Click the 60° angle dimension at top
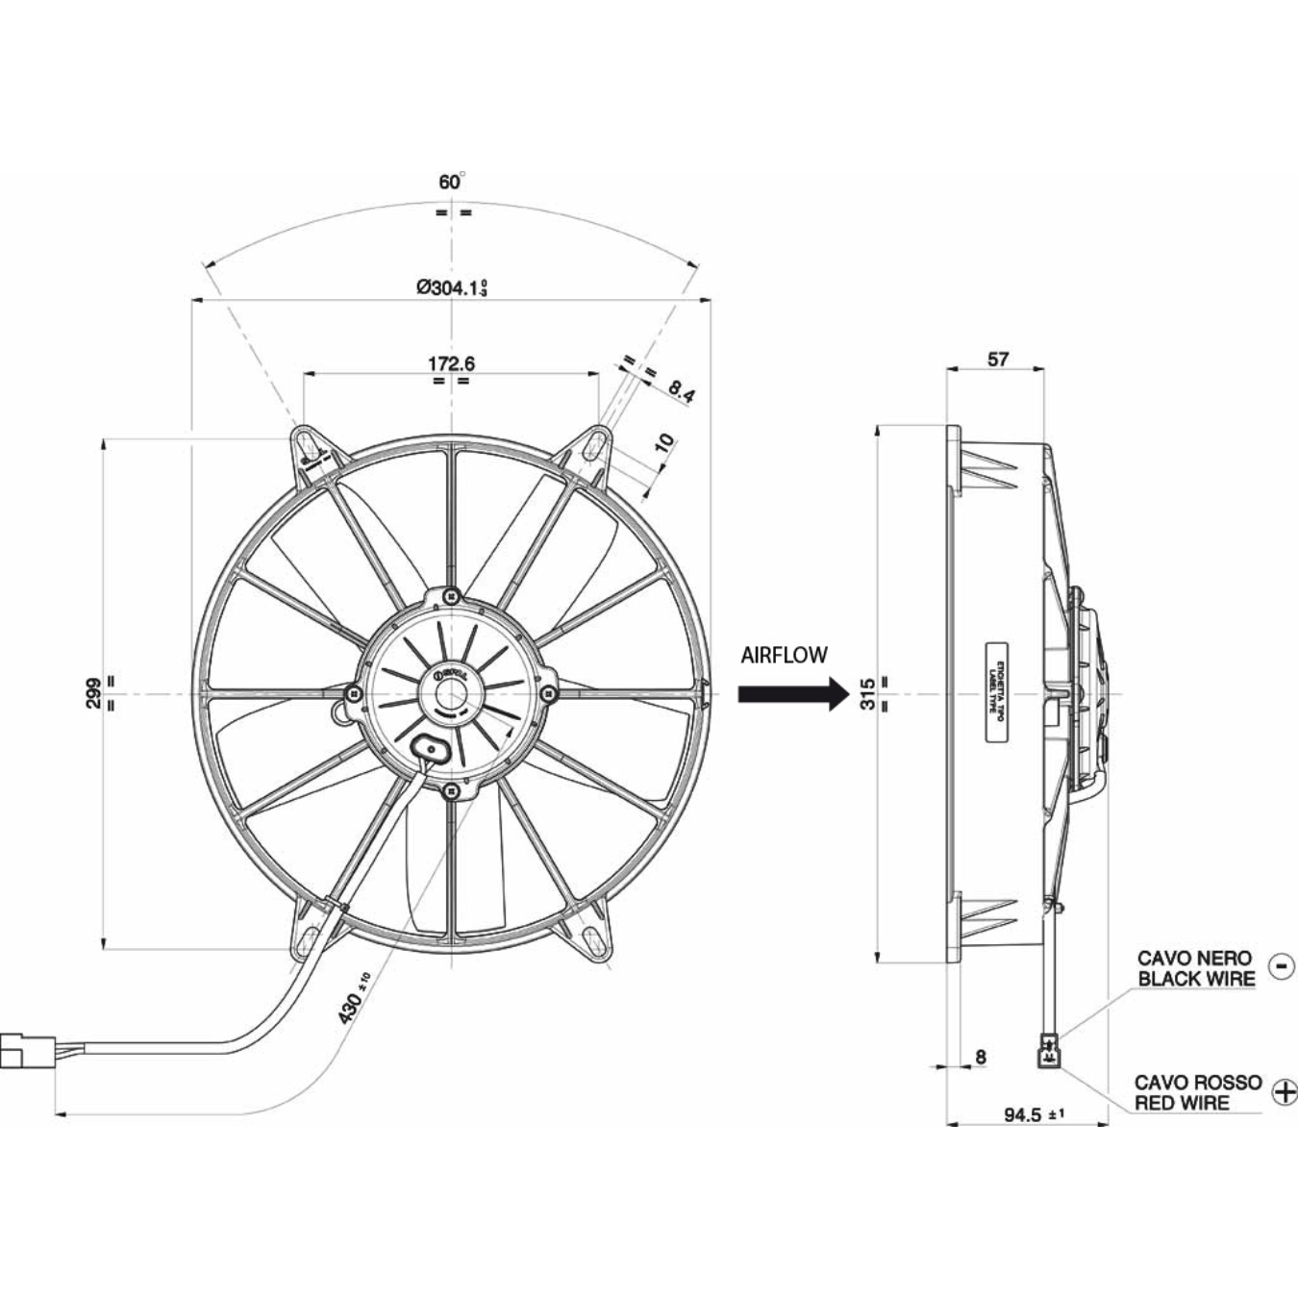tap(451, 182)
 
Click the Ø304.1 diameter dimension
tap(451, 287)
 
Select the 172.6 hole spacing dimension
tap(451, 363)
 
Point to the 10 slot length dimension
tap(663, 443)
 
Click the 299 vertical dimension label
tap(93, 692)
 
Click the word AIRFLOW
tap(784, 656)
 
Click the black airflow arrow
tap(790, 693)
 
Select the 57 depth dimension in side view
tap(998, 359)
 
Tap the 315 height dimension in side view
tap(867, 693)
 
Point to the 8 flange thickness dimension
tap(980, 1057)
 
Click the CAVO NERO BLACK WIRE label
tap(1195, 968)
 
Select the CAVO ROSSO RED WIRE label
tap(1197, 1092)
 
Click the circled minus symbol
tap(1282, 965)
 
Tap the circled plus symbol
tap(1284, 1091)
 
